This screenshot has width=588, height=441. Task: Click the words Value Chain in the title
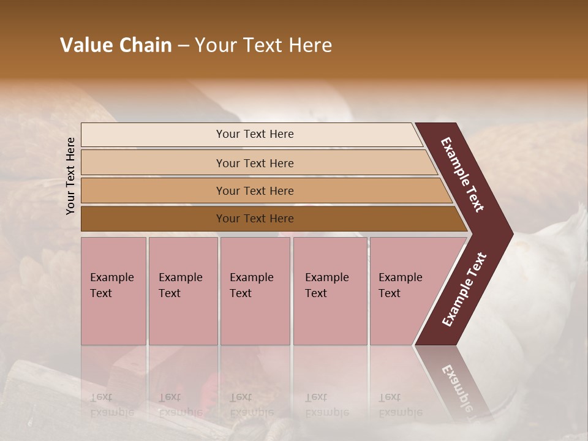click(116, 45)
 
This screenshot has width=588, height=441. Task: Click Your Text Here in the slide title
click(263, 45)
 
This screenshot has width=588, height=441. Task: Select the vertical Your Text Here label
click(70, 176)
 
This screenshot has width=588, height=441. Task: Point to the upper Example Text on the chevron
click(462, 175)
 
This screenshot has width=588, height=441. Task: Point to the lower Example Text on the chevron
click(464, 290)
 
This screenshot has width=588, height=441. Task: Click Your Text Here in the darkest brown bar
click(255, 219)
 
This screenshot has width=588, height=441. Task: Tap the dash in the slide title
click(183, 46)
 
